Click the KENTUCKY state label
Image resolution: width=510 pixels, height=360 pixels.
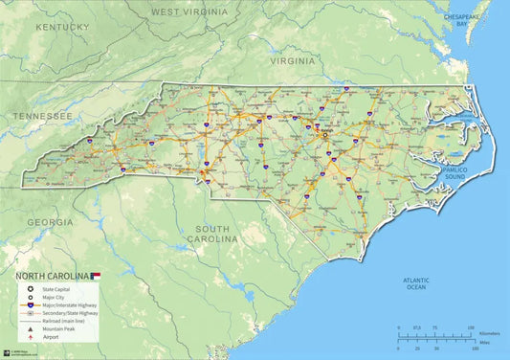point(61,27)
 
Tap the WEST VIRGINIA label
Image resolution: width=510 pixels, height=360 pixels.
point(189,12)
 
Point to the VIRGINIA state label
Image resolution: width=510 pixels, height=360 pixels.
point(292,60)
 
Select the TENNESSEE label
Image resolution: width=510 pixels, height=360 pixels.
point(42,116)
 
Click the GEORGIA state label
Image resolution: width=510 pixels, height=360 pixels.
point(50,222)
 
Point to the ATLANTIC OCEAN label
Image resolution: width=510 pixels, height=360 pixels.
point(415,282)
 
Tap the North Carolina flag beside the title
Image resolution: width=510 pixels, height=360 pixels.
point(95,275)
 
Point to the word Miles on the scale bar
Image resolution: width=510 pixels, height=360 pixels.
point(483,340)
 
